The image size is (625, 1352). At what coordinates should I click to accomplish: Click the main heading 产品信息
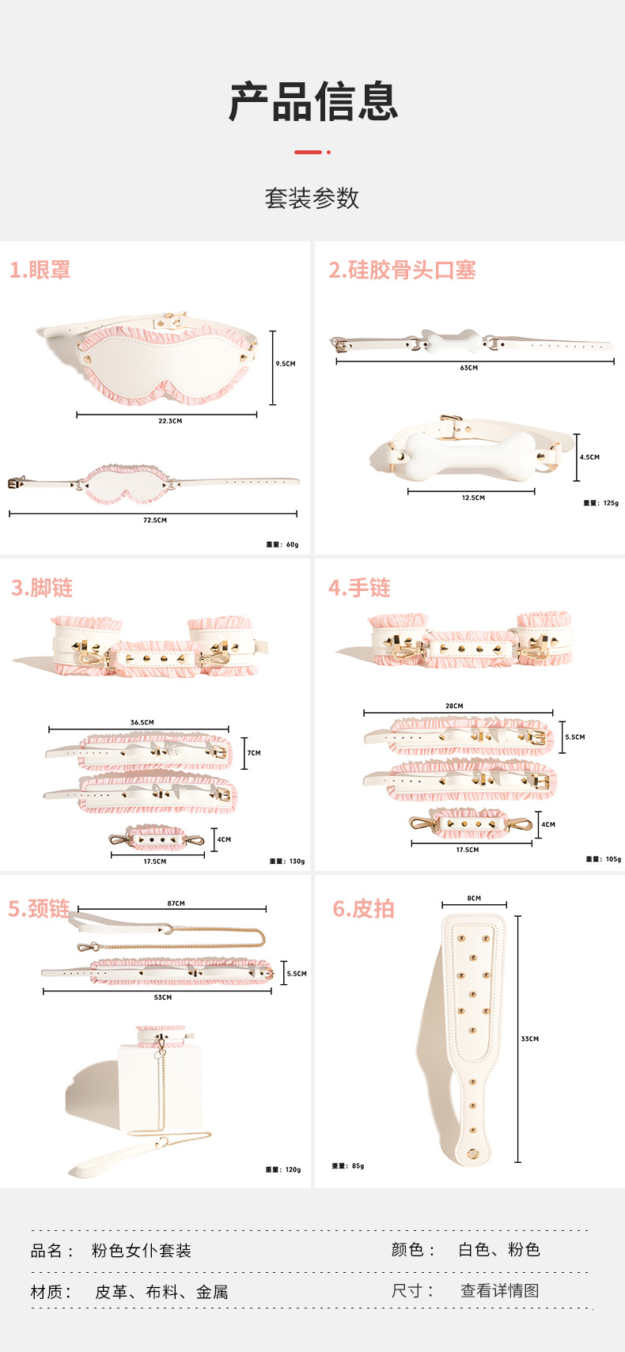coord(312,102)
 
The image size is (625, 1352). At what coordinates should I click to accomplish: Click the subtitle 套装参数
coord(312,198)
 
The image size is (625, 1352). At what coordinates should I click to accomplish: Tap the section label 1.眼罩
coord(40,271)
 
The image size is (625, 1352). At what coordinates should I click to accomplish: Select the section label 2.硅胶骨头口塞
coord(402,271)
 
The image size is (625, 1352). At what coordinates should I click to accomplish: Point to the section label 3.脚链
coord(42,588)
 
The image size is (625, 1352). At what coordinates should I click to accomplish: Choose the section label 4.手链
coord(359,588)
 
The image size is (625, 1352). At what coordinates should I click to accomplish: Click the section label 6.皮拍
coord(363,909)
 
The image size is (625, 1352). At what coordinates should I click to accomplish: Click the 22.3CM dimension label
coord(170,421)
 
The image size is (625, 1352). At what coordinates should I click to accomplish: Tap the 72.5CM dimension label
coord(155,521)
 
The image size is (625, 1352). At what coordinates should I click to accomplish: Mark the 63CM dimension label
coord(469,368)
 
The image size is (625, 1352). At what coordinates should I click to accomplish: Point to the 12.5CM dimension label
coord(473,498)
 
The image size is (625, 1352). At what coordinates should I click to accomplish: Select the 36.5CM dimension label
coord(142,722)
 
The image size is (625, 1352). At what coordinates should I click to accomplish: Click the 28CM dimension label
coord(454,706)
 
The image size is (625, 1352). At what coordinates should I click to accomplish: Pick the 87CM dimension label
coord(176,903)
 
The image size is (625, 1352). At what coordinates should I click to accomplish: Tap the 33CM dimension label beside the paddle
coord(530,1039)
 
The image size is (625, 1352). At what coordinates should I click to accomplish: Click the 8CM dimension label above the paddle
coord(474,899)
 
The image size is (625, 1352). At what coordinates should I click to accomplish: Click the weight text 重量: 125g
coord(601,503)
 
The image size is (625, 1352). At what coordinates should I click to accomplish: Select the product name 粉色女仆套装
coord(142,1251)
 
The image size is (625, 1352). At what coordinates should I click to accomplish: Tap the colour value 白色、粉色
coord(499,1250)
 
